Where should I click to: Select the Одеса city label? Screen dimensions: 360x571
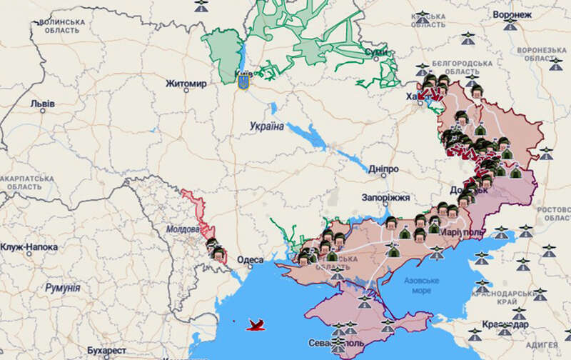point(251,260)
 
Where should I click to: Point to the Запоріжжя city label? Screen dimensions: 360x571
point(385,197)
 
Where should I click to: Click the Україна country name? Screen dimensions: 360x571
point(267,126)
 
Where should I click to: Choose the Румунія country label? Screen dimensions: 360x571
point(61,288)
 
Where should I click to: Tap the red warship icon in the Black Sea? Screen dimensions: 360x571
point(255,326)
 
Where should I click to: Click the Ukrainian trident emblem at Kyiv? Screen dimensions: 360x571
point(243,83)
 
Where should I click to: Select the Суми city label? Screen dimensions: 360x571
point(376,52)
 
